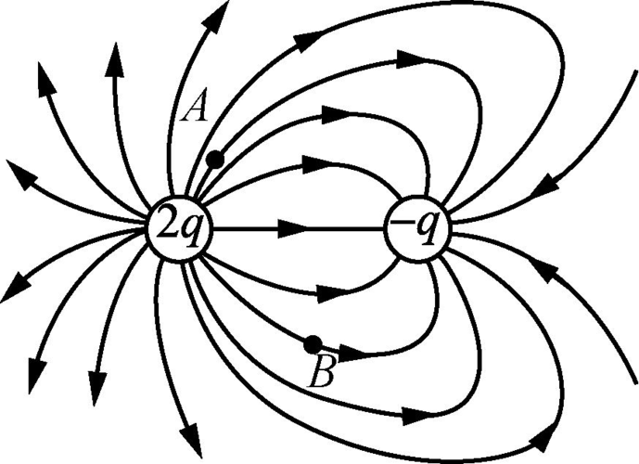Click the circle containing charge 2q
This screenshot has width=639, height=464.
click(180, 228)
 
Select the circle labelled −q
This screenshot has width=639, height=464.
click(419, 228)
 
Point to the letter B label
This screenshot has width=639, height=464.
click(322, 372)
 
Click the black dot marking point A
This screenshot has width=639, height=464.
click(215, 159)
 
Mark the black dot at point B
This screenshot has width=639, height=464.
click(313, 344)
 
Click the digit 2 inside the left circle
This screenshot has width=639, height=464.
click(167, 226)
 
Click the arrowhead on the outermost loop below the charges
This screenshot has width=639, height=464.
click(545, 438)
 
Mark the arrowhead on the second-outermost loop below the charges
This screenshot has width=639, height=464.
click(417, 417)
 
